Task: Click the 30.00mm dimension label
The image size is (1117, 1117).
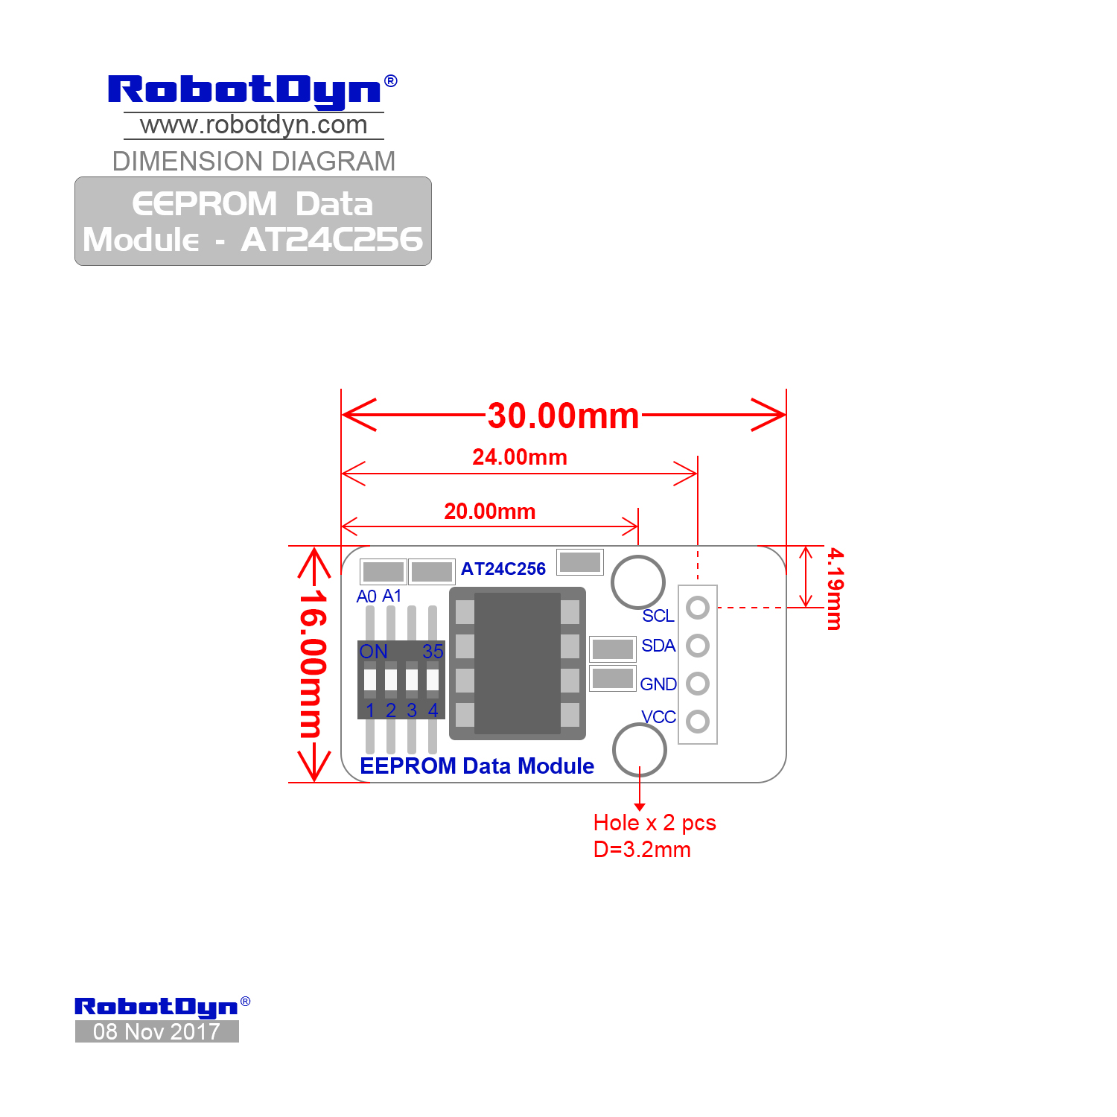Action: tap(563, 416)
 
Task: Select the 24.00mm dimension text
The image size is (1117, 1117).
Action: tap(520, 456)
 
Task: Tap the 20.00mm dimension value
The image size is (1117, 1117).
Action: tap(490, 512)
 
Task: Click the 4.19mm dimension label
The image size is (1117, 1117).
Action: tap(836, 589)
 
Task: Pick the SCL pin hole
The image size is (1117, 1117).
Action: tap(698, 608)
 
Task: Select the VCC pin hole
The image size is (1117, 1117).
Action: tap(698, 721)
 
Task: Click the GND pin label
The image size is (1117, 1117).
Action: tap(658, 684)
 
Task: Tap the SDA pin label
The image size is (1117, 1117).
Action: tap(658, 646)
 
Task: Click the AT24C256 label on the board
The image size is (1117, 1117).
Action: tap(503, 569)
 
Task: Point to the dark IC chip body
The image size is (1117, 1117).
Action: tap(518, 663)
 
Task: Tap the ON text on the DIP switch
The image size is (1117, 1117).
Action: tap(373, 652)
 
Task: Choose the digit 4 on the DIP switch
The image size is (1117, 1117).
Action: tap(433, 710)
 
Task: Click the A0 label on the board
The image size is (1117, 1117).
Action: tap(366, 596)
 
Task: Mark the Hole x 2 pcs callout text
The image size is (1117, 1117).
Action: tap(655, 823)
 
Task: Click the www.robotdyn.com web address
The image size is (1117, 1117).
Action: tap(254, 125)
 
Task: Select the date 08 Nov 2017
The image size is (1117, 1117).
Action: tap(156, 1031)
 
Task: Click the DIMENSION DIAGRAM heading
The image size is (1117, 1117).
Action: tap(254, 161)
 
